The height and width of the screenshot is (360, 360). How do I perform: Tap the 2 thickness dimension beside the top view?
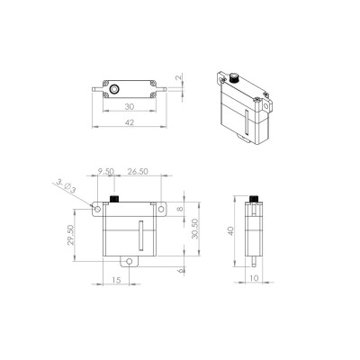[x=179, y=79]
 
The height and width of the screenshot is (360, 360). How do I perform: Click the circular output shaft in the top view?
[x=115, y=90]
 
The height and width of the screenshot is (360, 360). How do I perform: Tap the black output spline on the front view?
[x=115, y=197]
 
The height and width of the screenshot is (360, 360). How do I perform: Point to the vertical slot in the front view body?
[x=140, y=237]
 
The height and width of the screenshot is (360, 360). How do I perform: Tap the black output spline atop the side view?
[x=256, y=197]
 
